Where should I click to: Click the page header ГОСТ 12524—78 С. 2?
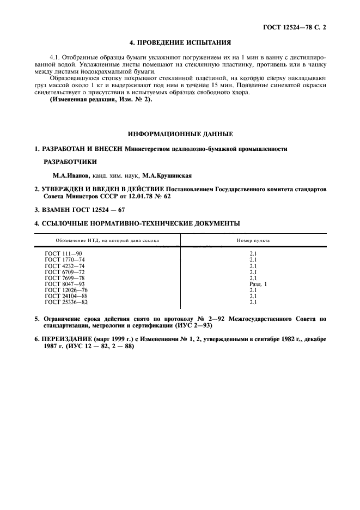[298, 26]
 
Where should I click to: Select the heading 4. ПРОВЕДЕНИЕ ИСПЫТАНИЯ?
[180, 41]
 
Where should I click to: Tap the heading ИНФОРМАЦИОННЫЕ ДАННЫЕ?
[180, 133]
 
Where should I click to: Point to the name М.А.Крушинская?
[166, 175]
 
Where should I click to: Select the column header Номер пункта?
[253, 240]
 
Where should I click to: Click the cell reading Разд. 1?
[258, 284]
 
